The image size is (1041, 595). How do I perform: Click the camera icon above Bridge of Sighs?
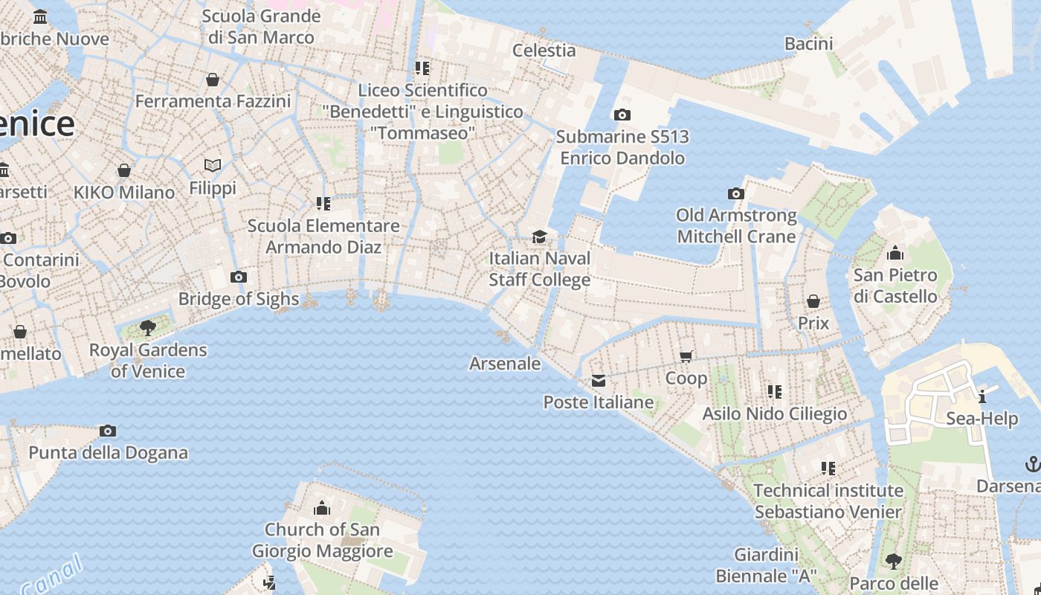(238, 277)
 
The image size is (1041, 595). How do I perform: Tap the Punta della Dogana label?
(108, 452)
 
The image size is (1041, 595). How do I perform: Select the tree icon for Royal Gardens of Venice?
(148, 327)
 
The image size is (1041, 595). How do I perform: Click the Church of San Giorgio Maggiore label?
(322, 541)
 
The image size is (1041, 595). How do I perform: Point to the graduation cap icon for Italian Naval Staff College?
(539, 237)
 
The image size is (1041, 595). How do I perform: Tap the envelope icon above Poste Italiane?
(599, 382)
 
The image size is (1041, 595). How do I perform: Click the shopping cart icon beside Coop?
(686, 356)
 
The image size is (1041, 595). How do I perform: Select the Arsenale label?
(505, 364)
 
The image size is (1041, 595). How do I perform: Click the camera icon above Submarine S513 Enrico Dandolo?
(622, 115)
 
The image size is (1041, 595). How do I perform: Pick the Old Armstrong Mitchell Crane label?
(736, 226)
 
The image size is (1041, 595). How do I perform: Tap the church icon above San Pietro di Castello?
(895, 253)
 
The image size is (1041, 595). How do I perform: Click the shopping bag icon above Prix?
(813, 301)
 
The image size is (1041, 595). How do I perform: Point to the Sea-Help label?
(982, 419)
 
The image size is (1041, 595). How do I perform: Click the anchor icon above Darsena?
(1032, 465)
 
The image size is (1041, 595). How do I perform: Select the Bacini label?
(808, 44)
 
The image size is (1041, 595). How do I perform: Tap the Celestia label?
(544, 51)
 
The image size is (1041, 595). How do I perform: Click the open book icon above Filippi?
(213, 165)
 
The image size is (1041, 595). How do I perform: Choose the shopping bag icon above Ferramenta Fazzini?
(213, 80)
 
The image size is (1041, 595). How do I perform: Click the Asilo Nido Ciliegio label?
(775, 414)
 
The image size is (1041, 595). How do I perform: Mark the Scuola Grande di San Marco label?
(261, 26)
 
